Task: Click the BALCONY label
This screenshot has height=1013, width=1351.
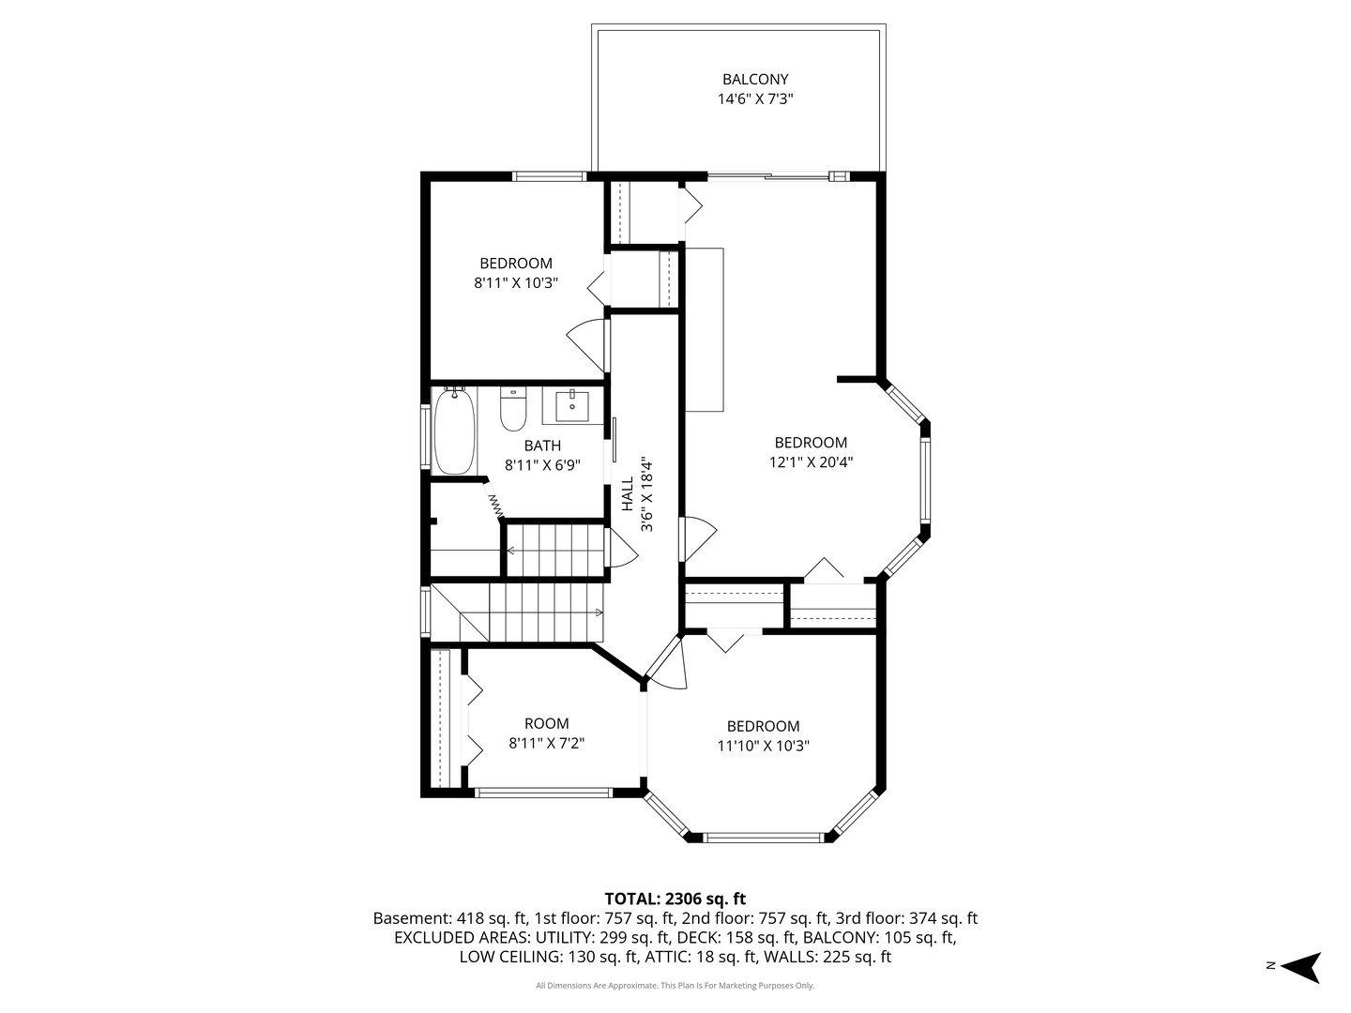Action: (x=755, y=80)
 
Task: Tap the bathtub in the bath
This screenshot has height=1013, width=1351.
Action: (x=455, y=431)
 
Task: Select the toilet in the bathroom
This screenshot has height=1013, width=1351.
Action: (x=512, y=409)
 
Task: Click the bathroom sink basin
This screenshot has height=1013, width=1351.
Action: (x=571, y=406)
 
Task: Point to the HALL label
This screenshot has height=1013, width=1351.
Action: (x=628, y=494)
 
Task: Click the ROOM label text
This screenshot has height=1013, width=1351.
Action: (x=547, y=723)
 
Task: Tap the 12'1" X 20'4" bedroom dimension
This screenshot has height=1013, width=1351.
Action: (x=811, y=461)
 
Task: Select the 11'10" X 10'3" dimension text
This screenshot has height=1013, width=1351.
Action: (x=763, y=746)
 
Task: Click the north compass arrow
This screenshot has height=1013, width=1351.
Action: (x=1301, y=967)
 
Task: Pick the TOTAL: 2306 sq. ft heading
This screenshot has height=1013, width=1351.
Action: (x=675, y=899)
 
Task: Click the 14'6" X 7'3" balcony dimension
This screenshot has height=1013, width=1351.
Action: (x=755, y=99)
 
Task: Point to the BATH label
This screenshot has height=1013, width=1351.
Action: (x=542, y=446)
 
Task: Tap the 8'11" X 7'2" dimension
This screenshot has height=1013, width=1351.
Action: (x=547, y=743)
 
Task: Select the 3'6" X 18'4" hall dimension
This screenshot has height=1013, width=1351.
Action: (x=646, y=494)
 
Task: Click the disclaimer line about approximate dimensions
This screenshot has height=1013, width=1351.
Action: (x=675, y=985)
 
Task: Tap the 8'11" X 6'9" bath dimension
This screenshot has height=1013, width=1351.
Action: (x=542, y=465)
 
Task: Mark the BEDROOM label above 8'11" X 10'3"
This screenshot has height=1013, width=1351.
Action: (x=516, y=264)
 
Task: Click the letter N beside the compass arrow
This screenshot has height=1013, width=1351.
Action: (x=1269, y=965)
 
